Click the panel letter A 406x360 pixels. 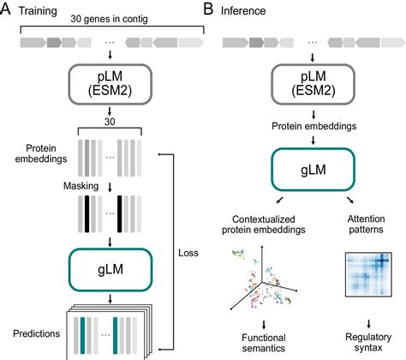(x=9, y=9)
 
